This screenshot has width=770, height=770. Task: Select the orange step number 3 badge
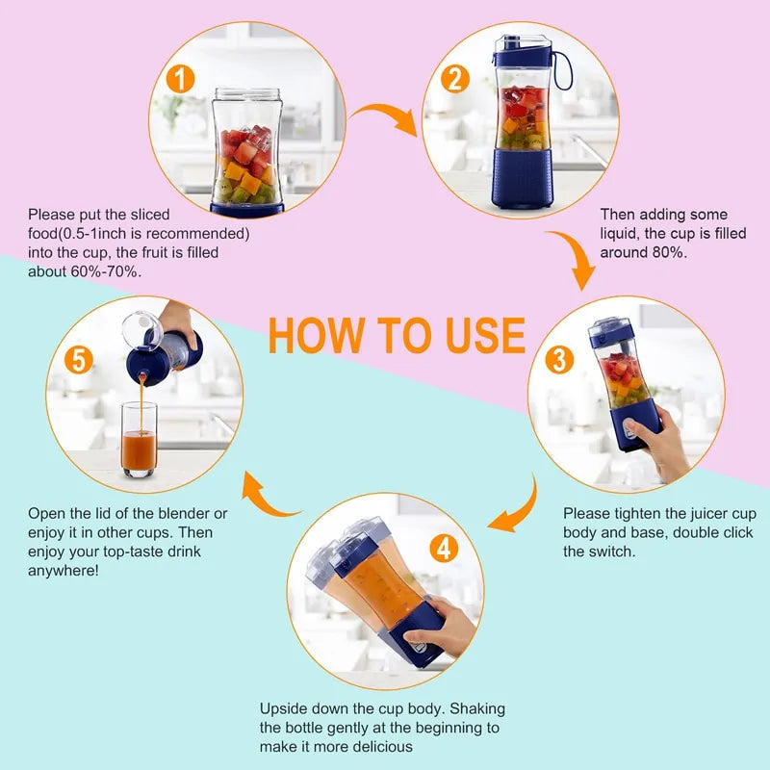[x=560, y=360]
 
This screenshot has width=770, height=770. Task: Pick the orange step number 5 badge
[x=82, y=360]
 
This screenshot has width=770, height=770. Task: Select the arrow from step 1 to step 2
[x=382, y=120]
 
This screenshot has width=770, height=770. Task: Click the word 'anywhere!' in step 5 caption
[x=63, y=570]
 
